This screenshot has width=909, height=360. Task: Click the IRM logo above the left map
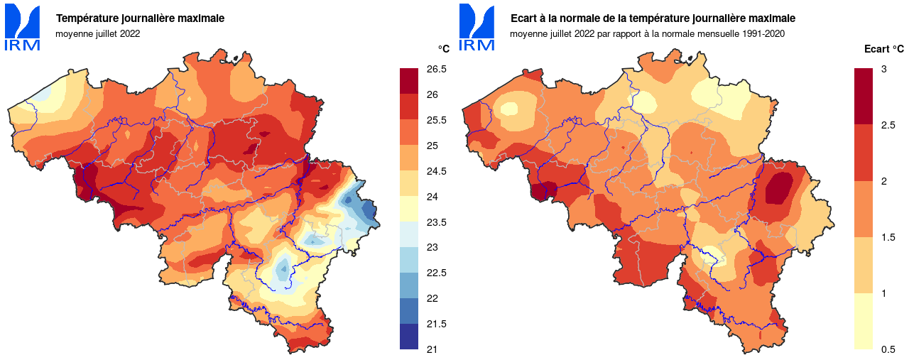23,27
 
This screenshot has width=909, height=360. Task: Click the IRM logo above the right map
477,27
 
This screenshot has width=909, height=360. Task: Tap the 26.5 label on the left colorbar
437,69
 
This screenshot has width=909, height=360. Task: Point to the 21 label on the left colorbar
432,349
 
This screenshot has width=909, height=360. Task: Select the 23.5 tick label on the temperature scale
437,222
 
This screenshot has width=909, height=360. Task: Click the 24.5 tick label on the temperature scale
437,171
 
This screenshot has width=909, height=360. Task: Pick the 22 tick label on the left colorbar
432,298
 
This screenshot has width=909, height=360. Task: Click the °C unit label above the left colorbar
443,49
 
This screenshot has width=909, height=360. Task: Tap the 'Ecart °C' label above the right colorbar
884,49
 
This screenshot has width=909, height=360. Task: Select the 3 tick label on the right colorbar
883,69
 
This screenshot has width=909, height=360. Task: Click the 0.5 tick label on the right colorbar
887,349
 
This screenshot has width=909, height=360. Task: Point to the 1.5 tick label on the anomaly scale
887,237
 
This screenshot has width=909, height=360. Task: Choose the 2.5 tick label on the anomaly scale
887,125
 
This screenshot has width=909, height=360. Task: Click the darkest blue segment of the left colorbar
409,337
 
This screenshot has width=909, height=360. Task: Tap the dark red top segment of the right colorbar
864,97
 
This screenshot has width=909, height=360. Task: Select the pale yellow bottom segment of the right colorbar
864,321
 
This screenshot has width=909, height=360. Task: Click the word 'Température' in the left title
86,18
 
